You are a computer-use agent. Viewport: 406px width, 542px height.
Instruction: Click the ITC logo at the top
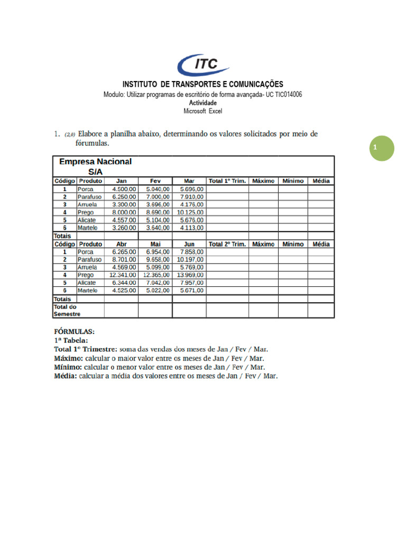click(203, 65)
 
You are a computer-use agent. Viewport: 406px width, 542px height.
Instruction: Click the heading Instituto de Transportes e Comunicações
click(203, 84)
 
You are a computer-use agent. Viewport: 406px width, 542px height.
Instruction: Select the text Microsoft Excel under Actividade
click(203, 111)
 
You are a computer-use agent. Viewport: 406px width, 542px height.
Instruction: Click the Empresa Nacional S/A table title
click(95, 166)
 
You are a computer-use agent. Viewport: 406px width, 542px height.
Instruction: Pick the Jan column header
click(121, 181)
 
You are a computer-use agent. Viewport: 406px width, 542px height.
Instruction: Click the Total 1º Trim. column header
click(227, 181)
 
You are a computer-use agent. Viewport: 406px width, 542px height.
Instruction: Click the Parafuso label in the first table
click(89, 196)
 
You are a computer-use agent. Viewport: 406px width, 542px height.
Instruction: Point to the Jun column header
click(189, 245)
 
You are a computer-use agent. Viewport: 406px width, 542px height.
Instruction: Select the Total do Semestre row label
click(66, 310)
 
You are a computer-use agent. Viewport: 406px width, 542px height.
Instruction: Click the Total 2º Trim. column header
click(227, 245)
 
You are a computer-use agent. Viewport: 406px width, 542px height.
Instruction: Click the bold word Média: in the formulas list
click(65, 376)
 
